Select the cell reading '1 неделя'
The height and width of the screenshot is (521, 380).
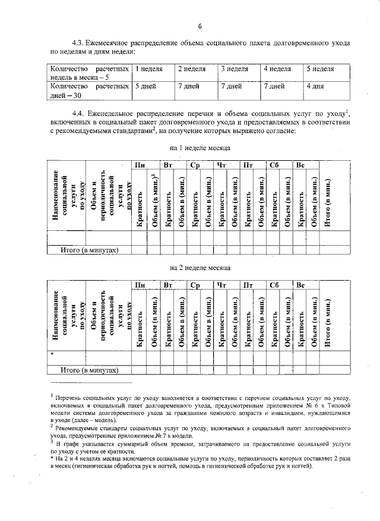[150, 69]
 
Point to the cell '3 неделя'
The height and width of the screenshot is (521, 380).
[235, 69]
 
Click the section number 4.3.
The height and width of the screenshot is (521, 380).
[79, 43]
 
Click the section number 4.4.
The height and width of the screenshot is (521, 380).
[79, 113]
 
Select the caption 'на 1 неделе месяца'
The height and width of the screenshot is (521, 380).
[200, 147]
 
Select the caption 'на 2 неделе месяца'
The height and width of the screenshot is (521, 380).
[200, 268]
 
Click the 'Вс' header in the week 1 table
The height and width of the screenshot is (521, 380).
[301, 164]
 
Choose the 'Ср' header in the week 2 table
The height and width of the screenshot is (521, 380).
[195, 286]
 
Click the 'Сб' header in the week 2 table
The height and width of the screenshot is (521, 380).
[274, 286]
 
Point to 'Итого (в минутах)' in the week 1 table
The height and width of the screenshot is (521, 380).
[90, 250]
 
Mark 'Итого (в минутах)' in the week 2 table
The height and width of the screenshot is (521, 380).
[90, 371]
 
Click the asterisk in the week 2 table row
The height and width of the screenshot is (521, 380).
[53, 355]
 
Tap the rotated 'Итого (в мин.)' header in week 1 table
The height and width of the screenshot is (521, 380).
[328, 201]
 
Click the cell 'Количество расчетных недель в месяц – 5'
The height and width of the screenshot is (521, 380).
[89, 74]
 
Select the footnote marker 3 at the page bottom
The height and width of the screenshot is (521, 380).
[52, 442]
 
